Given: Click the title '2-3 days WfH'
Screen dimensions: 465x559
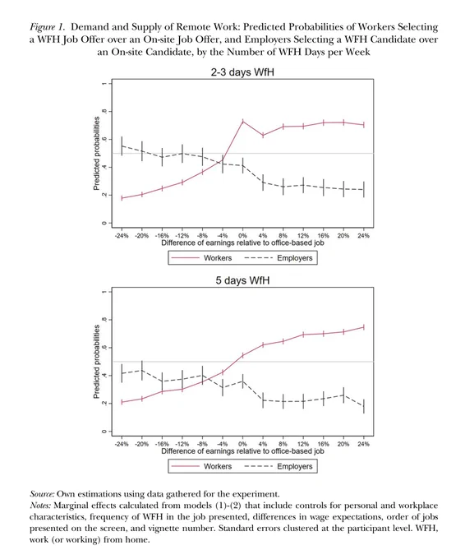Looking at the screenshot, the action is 242,72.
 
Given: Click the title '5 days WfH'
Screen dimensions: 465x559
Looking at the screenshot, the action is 242,280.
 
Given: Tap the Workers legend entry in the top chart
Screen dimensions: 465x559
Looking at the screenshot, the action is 201,258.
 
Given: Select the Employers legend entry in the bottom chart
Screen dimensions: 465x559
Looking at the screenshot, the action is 279,466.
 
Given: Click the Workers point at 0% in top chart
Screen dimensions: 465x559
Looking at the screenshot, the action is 242,122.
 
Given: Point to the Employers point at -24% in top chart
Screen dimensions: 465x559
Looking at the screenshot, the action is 122,146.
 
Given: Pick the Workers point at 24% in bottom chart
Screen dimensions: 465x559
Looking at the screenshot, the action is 363,327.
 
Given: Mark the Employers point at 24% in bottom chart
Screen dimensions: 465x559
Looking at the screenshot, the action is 363,406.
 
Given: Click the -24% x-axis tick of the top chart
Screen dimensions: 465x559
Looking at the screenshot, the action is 122,236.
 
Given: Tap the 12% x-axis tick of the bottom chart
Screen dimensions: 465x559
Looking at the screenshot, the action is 303,444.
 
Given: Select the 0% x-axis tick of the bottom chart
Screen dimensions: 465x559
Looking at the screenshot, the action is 242,444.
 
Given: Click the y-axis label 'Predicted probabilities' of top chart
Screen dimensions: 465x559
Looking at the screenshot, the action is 96,153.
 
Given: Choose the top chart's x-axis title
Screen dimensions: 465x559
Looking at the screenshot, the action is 242,243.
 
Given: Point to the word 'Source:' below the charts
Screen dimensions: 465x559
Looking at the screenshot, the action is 42,494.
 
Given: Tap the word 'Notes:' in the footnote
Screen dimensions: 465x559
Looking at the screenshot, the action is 40,506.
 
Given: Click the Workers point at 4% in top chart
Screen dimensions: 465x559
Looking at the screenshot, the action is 263,135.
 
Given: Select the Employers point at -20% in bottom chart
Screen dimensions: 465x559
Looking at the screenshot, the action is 142,371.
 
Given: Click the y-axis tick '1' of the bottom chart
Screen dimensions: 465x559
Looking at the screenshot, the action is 104,292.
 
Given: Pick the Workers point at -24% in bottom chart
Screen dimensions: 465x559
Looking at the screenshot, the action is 122,402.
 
